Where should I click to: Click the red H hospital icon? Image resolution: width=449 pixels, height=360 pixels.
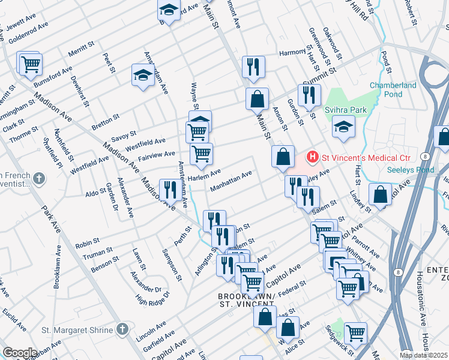click(x=312, y=158)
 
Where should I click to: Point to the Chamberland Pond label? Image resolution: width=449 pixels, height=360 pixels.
click(x=393, y=89)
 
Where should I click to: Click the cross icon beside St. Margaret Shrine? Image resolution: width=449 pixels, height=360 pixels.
click(x=122, y=329)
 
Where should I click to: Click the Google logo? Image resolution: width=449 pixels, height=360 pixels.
click(x=19, y=353)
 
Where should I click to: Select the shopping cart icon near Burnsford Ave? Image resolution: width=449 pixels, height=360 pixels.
click(x=30, y=64)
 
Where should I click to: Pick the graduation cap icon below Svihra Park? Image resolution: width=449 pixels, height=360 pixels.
click(x=343, y=127)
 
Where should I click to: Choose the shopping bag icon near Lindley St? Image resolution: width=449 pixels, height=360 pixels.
click(x=380, y=194)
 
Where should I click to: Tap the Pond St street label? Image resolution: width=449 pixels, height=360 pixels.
click(x=384, y=59)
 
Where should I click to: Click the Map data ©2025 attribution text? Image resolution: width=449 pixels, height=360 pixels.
click(x=424, y=355)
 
